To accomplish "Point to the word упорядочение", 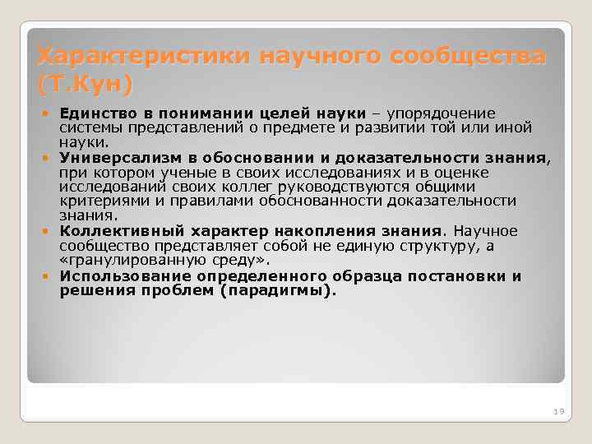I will [x=448, y=113].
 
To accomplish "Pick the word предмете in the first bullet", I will [x=307, y=127].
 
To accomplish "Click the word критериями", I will [x=100, y=201].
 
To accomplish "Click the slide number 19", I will [x=557, y=410].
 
